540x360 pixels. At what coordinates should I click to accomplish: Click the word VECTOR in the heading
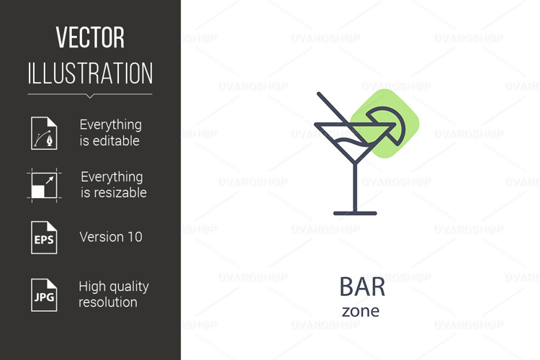pos(90,37)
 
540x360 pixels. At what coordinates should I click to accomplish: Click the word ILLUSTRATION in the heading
pos(90,73)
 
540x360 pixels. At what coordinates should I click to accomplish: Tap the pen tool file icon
pos(43,132)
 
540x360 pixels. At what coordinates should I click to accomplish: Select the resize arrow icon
pos(43,185)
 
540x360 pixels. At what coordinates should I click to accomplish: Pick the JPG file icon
pos(43,294)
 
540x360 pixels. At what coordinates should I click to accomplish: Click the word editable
pos(109,141)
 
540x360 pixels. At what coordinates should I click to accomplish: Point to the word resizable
pos(113,193)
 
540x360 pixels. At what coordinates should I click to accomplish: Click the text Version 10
pos(111,237)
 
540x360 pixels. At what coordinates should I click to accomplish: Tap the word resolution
pos(108,302)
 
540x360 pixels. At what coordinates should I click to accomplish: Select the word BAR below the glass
pos(362,287)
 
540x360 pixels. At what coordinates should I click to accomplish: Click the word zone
pos(360,311)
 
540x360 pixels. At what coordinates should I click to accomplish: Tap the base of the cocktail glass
pos(355,213)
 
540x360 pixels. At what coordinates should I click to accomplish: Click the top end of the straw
pos(320,95)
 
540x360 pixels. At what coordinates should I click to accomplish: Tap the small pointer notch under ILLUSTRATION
pos(90,96)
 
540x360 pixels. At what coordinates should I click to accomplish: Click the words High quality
pos(114,287)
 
